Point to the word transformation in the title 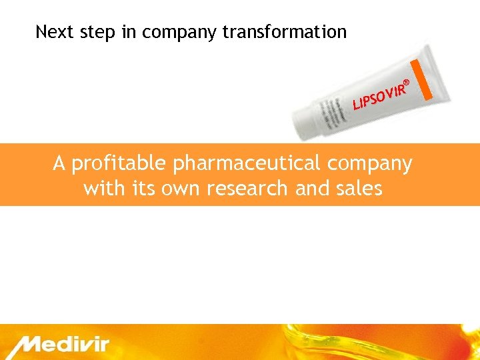pos(285,31)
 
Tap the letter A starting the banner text pos(59,163)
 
